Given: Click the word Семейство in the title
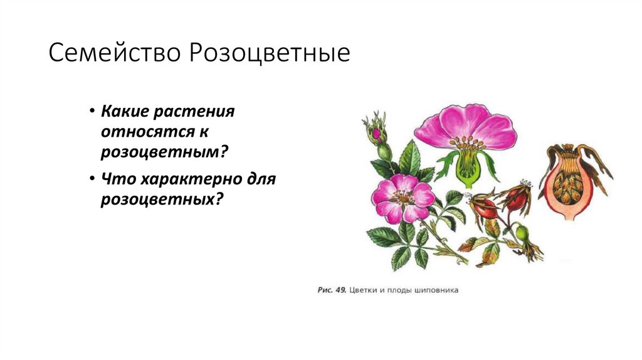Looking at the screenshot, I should (x=113, y=53).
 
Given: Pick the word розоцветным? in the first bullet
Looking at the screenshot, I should (x=163, y=153).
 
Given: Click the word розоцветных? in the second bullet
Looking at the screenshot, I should (x=162, y=200).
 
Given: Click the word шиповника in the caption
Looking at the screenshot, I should (x=439, y=290).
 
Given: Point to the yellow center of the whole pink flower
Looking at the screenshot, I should (x=402, y=196).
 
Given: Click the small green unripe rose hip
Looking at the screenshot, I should (x=522, y=233).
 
